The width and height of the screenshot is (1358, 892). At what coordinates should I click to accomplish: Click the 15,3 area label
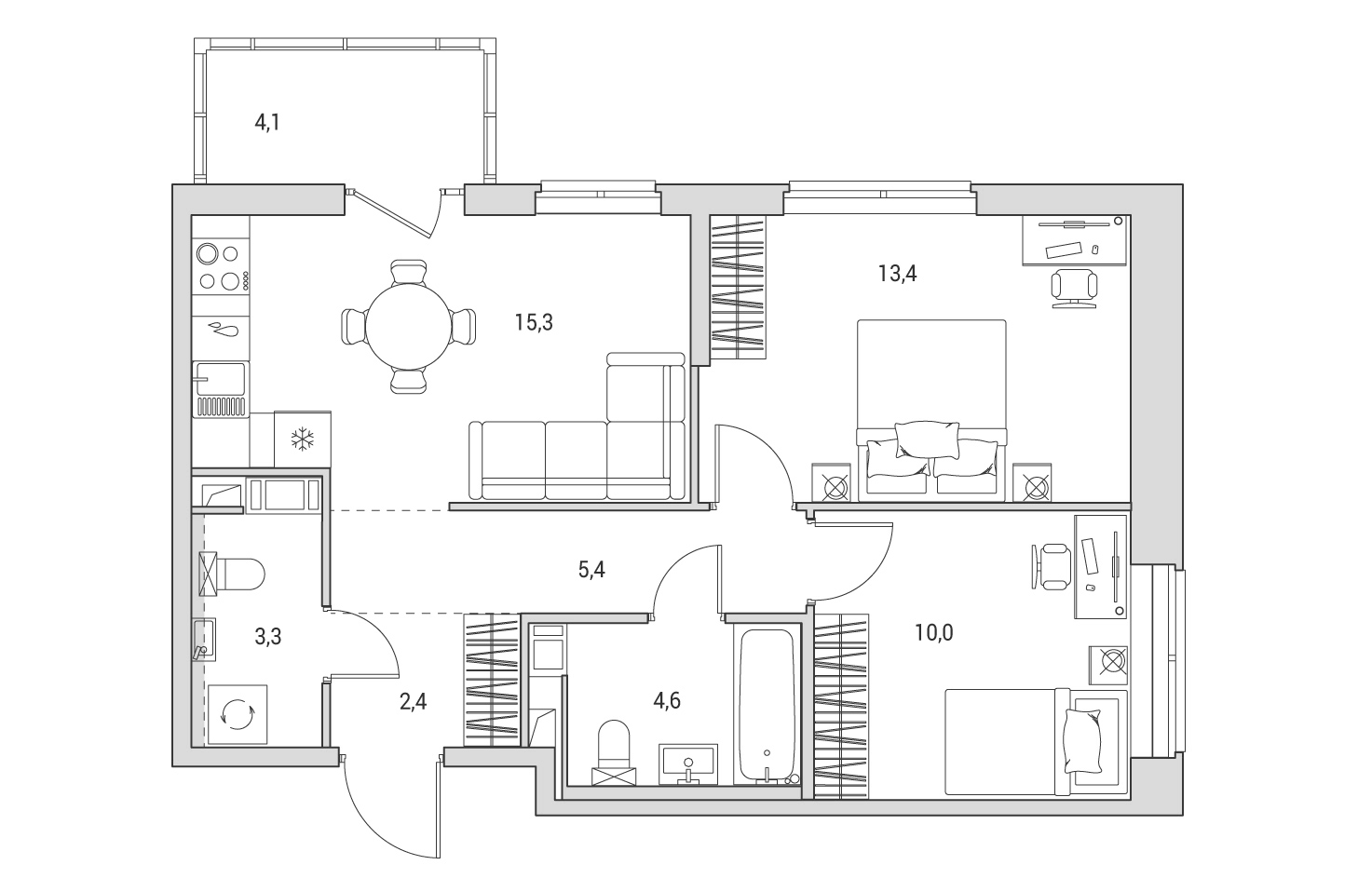click(534, 323)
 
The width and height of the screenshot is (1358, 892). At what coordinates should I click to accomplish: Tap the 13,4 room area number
click(897, 274)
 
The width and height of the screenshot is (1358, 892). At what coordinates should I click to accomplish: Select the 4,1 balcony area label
click(266, 123)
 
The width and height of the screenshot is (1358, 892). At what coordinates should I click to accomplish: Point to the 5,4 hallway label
click(591, 570)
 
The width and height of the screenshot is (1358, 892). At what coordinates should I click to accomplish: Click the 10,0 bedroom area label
click(933, 633)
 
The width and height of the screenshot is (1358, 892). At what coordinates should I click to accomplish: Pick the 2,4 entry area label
click(413, 702)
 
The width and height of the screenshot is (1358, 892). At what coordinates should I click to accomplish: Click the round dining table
click(409, 327)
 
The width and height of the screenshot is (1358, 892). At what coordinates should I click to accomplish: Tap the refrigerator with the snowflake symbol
click(303, 439)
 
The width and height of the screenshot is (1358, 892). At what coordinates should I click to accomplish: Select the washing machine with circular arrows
click(238, 714)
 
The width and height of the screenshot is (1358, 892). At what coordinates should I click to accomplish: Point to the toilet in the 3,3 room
click(232, 574)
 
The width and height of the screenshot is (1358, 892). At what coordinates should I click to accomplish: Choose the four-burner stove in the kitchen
click(221, 267)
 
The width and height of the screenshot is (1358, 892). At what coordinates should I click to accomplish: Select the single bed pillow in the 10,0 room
click(1082, 741)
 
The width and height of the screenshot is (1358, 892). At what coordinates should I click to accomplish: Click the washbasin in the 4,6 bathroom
click(688, 764)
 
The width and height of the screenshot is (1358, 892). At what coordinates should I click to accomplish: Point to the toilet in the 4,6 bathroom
click(614, 752)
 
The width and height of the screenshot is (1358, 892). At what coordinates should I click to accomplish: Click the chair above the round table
click(409, 272)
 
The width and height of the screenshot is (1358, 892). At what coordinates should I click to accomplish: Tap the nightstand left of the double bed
click(831, 483)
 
